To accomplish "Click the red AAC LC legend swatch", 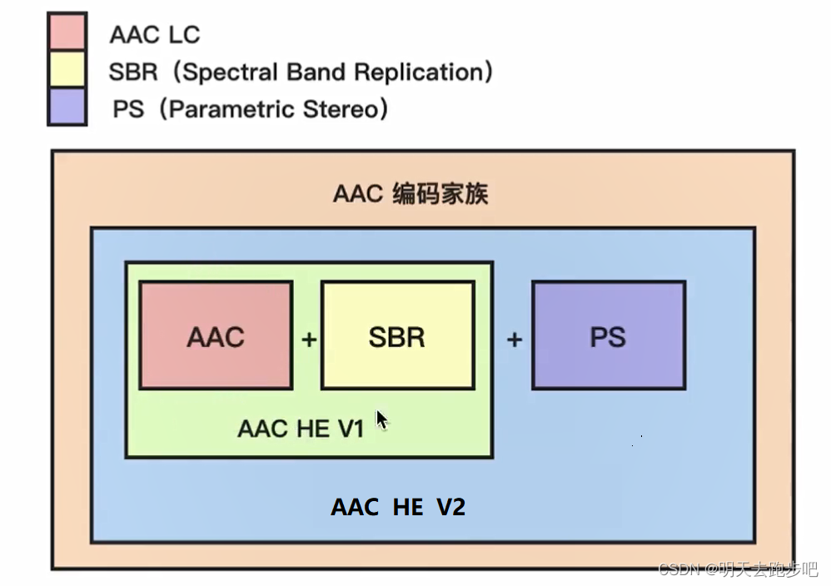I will (67, 32).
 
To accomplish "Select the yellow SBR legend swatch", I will (67, 70).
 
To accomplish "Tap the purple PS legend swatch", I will (67, 107).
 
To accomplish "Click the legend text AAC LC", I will (155, 35).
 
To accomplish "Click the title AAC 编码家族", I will (411, 194).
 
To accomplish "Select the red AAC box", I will (216, 335).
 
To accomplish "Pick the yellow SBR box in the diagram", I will (397, 335).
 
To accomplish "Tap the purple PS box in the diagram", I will (608, 335).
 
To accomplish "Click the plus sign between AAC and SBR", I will (309, 340).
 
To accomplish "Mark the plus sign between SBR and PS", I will (515, 340).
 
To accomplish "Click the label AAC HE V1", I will (301, 429).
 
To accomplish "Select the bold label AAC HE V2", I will (398, 507).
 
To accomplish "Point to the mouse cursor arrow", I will (381, 419).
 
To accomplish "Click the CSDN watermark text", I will (738, 569).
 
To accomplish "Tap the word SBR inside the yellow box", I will (397, 337).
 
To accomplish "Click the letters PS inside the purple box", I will (608, 337).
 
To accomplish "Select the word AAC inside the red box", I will (216, 337).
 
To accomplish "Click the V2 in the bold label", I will (450, 507).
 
